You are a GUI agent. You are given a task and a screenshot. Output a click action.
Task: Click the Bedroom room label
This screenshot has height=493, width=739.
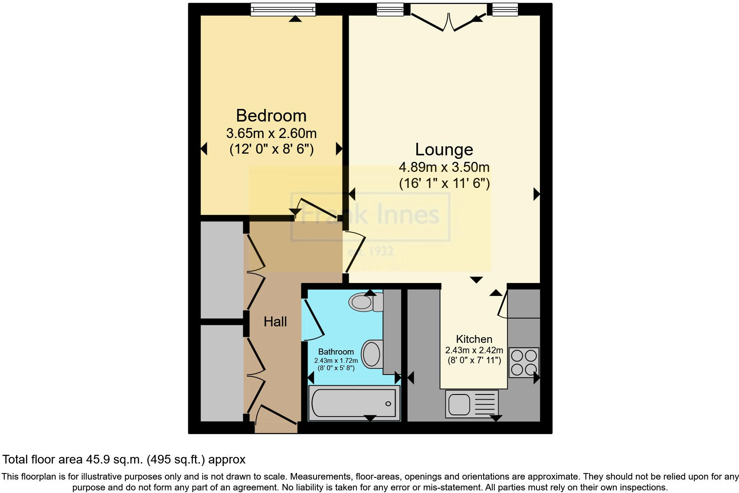click(x=271, y=116)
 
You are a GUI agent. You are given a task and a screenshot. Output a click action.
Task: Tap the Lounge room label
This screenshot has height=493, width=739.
click(x=444, y=149)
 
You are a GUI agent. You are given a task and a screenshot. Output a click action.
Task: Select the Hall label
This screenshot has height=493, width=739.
click(x=275, y=322)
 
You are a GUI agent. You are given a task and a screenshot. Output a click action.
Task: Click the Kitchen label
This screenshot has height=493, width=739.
click(x=474, y=339)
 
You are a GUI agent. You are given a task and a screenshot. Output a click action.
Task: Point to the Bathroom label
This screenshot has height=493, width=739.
click(x=336, y=352)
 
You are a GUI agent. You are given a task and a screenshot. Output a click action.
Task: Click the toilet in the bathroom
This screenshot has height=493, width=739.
click(x=365, y=302)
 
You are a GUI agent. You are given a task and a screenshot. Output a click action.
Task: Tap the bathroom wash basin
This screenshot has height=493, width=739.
click(x=372, y=354)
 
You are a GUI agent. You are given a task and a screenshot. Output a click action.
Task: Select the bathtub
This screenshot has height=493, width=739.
click(x=353, y=403)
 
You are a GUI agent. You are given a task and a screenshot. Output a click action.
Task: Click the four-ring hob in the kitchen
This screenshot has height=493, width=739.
click(x=523, y=362)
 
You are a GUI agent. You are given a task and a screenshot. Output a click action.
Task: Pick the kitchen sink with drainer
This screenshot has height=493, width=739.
click(x=471, y=404)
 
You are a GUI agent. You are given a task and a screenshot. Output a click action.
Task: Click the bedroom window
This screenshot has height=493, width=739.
click(x=283, y=9)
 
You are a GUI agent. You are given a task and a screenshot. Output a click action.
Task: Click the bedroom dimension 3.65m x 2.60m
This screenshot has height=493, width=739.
click(x=271, y=133)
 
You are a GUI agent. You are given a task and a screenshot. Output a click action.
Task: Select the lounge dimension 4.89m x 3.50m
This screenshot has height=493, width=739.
click(x=444, y=167)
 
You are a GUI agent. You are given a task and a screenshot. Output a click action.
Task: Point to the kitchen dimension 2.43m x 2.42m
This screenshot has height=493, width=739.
click(x=474, y=350)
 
